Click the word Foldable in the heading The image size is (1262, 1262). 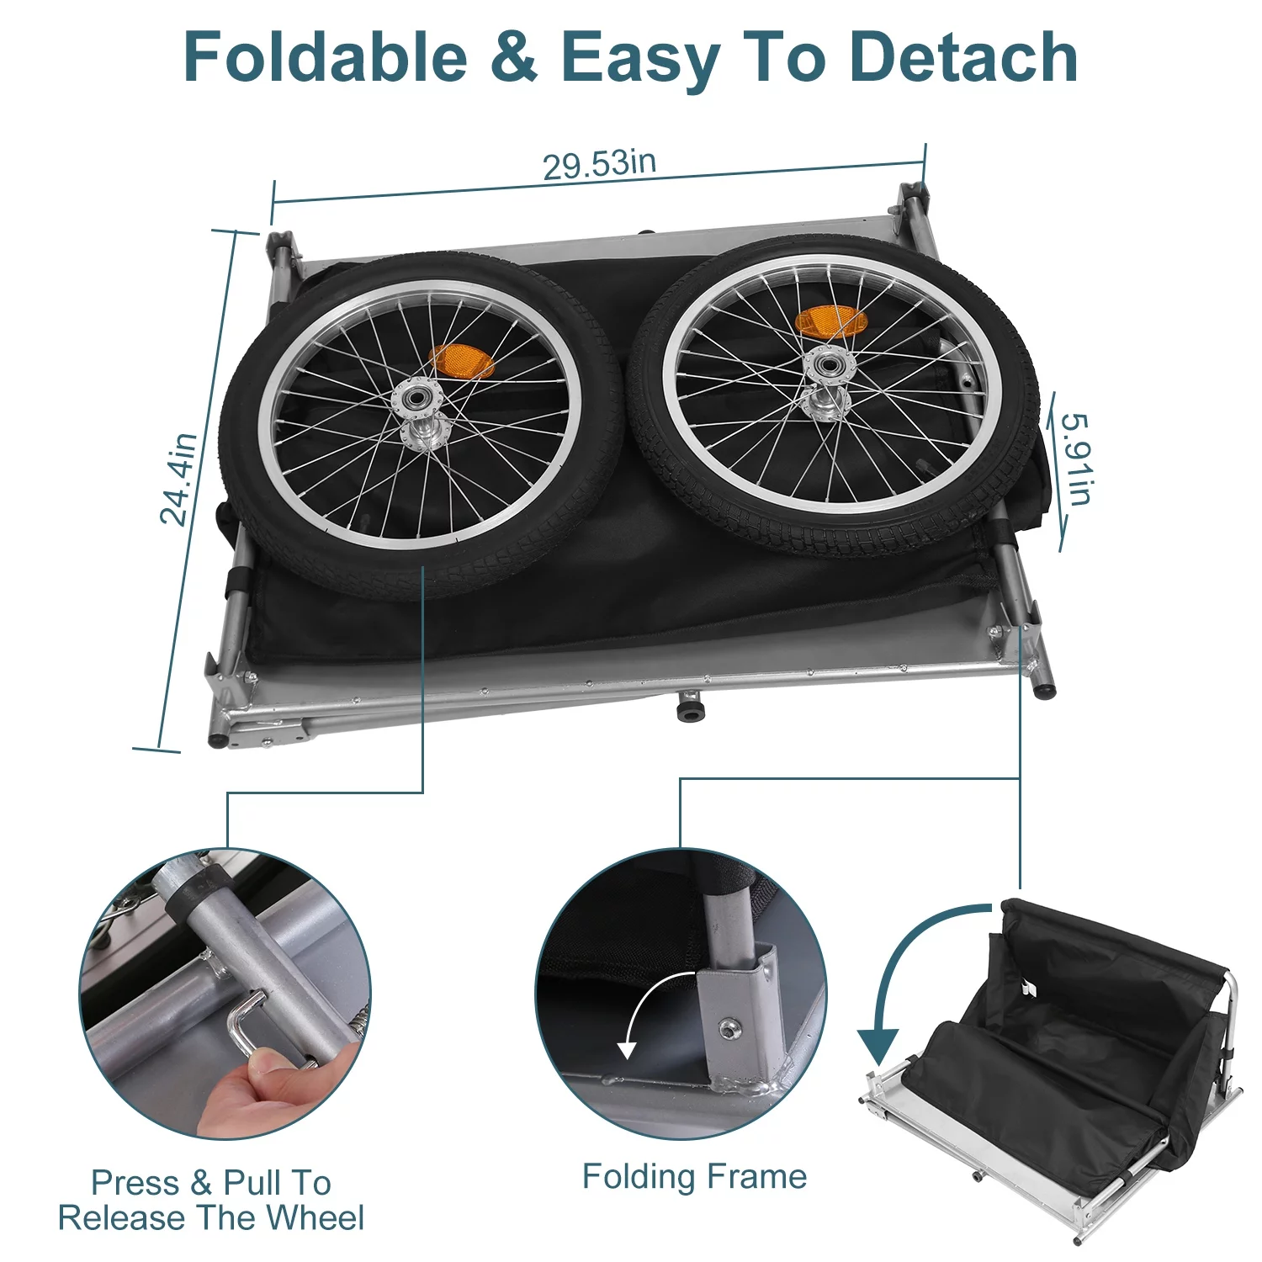[x=325, y=57]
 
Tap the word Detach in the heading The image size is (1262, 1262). [x=963, y=57]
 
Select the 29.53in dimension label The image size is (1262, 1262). [x=599, y=163]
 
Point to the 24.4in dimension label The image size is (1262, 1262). [x=178, y=480]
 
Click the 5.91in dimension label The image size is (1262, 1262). [x=1074, y=459]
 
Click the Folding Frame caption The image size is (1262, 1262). [x=694, y=1176]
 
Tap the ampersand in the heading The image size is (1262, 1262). [x=512, y=57]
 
